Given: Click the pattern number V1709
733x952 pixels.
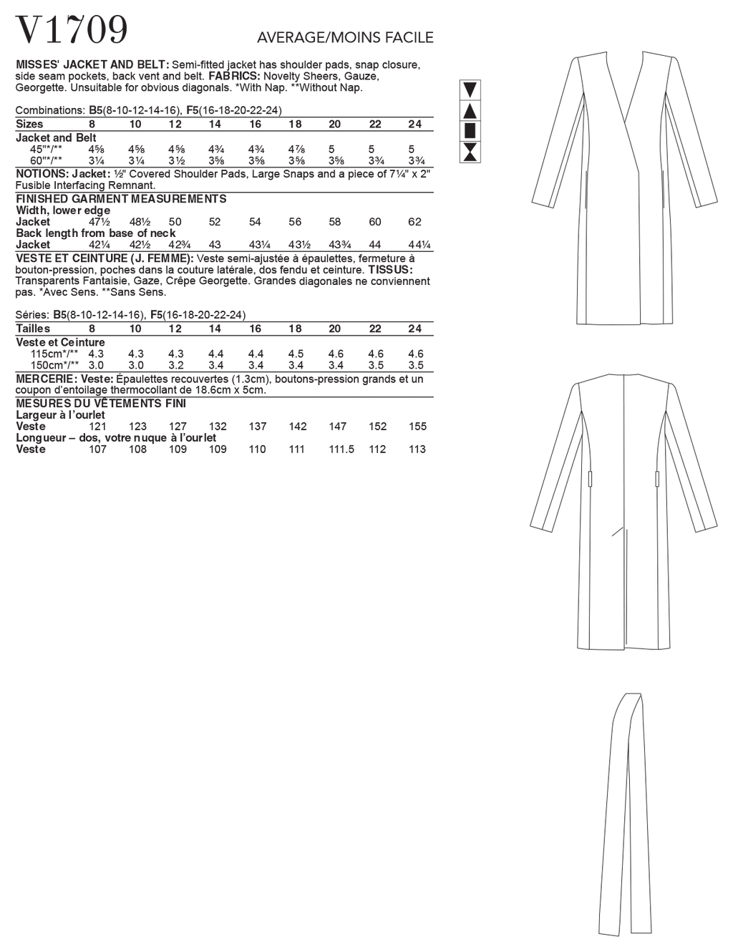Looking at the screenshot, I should (72, 30).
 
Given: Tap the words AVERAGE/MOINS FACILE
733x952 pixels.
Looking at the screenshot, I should (345, 37).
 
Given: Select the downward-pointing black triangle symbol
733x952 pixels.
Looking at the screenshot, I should (471, 90).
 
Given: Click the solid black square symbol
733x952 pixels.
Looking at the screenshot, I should (471, 131).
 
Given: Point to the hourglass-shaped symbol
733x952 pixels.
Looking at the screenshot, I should (471, 151).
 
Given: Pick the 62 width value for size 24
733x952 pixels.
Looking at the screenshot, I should (414, 222).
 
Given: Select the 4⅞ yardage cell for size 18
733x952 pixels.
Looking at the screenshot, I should (296, 149).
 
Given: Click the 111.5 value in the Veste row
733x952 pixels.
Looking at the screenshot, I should (341, 450).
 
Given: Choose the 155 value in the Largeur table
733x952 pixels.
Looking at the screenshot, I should (417, 427).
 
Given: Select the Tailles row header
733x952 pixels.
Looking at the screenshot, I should (33, 329).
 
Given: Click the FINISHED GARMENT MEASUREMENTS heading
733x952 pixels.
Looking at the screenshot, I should (121, 199).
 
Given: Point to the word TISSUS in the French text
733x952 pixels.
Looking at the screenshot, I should (390, 270).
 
